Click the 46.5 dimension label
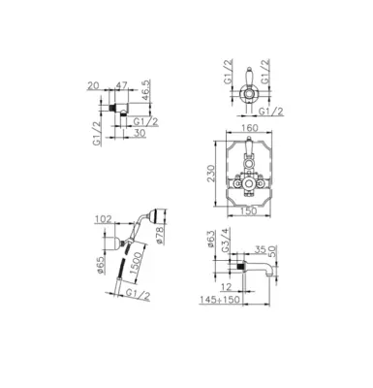[147, 92]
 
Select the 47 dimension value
[121, 85]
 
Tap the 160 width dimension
[249, 128]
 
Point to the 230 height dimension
[210, 174]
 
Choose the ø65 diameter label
[101, 265]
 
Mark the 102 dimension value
[104, 219]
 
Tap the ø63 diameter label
[210, 239]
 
